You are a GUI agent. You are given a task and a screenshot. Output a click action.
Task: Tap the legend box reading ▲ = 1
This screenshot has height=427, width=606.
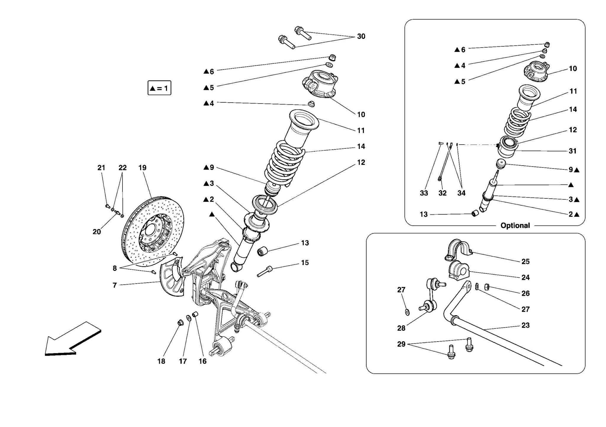(x=159, y=88)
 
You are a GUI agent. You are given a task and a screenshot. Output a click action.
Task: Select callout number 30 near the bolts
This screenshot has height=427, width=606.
(x=361, y=36)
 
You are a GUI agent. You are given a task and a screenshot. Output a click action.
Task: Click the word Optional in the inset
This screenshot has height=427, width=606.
(x=515, y=226)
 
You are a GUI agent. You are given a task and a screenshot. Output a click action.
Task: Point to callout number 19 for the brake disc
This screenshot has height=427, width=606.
(x=142, y=168)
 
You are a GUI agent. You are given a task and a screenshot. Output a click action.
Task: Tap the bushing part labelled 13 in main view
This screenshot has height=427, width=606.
(x=262, y=251)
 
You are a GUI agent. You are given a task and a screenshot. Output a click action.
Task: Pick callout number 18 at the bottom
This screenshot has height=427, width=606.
(x=161, y=361)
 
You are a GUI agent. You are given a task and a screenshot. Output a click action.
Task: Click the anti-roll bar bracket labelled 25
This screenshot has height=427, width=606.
(x=457, y=250)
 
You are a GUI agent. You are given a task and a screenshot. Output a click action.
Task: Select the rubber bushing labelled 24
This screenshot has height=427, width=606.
(x=459, y=271)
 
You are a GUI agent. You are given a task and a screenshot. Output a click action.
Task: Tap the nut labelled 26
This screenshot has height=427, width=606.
(x=486, y=287)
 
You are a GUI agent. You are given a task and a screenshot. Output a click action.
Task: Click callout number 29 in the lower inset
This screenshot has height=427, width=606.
(x=401, y=344)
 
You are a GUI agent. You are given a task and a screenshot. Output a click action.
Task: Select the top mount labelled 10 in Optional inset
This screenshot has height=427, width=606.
(x=536, y=72)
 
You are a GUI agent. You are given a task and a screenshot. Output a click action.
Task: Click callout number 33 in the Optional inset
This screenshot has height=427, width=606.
(x=424, y=193)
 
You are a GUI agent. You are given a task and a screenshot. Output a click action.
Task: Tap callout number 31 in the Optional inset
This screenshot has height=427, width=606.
(x=573, y=151)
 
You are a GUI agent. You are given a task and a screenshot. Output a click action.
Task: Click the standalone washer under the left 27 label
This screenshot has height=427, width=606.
(x=407, y=312)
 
